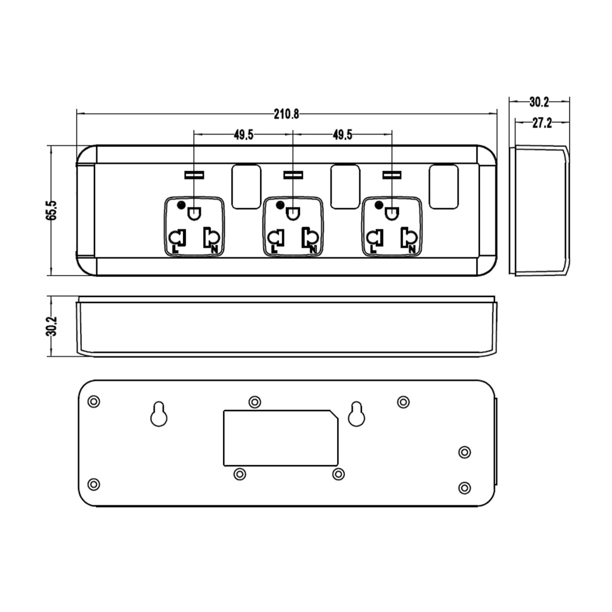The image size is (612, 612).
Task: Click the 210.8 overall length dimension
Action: [286, 114]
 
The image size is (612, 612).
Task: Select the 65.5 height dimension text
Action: [51, 210]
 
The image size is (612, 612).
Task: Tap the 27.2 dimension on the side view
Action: [542, 123]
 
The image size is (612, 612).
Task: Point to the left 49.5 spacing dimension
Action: [244, 135]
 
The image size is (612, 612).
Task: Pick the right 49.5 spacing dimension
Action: [342, 135]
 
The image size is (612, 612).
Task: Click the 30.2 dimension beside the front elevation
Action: [51, 326]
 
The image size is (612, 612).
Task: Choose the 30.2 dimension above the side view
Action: [539, 102]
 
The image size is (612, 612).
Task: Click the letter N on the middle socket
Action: [313, 249]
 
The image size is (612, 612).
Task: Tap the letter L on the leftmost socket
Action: [175, 249]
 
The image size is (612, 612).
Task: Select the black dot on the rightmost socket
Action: [378, 205]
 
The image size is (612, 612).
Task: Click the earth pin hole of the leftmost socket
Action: [194, 213]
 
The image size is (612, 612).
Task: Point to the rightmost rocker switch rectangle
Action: [443, 186]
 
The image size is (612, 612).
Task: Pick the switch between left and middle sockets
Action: [246, 186]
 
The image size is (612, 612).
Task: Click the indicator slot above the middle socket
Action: [293, 175]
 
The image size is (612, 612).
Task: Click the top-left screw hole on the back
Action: [94, 401]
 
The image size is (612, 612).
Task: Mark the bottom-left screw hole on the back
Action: [94, 484]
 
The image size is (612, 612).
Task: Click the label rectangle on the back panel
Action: [281, 438]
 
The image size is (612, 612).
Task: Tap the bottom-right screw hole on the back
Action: [464, 488]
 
